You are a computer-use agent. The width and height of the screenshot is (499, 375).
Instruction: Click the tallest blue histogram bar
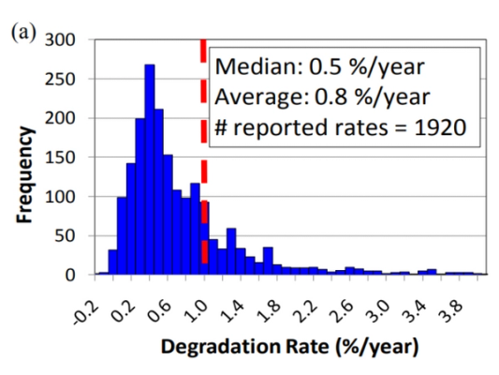click(x=149, y=170)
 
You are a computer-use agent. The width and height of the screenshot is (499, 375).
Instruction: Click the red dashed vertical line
click(x=203, y=141)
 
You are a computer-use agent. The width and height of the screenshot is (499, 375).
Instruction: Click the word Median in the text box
click(x=248, y=67)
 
